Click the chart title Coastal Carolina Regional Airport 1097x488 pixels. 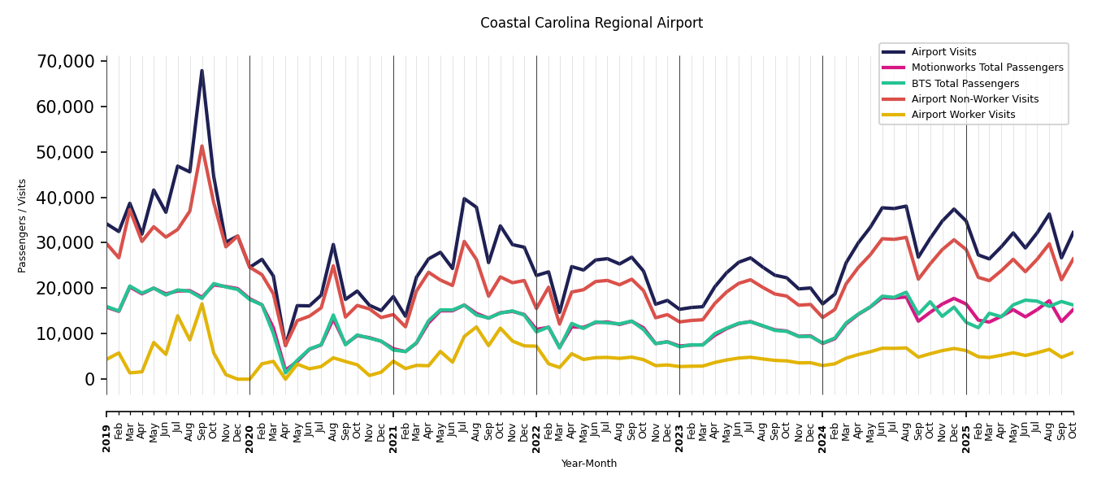591,24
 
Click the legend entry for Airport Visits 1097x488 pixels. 943,52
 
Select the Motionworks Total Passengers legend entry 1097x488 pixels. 986,68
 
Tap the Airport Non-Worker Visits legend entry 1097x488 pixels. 974,99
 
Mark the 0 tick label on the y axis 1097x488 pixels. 89,379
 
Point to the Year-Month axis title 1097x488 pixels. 589,464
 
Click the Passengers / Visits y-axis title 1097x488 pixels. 23,225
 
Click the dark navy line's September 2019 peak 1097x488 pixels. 202,71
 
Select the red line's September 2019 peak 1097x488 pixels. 202,146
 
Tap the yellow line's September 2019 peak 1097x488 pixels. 202,304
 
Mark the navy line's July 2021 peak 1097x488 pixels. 464,198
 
